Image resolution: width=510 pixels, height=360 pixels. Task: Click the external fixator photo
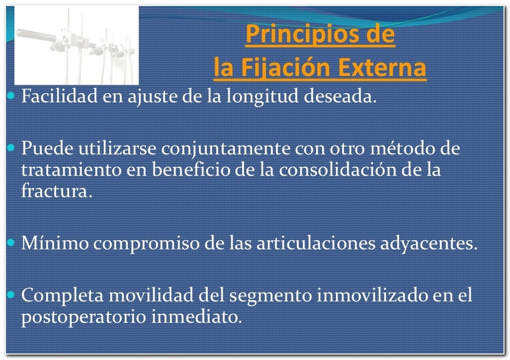76,46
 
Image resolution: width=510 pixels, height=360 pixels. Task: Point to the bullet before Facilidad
11,95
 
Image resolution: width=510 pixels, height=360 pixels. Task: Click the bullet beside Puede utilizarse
11,148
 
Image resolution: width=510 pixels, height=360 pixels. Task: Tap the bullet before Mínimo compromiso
11,242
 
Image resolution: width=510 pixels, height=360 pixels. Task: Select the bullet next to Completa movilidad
11,295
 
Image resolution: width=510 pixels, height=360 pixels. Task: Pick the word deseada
340,96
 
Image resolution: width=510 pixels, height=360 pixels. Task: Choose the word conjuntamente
226,149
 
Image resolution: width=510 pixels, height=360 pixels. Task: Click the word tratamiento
71,170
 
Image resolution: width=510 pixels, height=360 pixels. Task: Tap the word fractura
57,191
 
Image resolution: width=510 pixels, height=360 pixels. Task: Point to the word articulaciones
316,243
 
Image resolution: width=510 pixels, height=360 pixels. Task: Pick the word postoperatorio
83,317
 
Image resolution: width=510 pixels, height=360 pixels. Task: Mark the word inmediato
197,316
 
